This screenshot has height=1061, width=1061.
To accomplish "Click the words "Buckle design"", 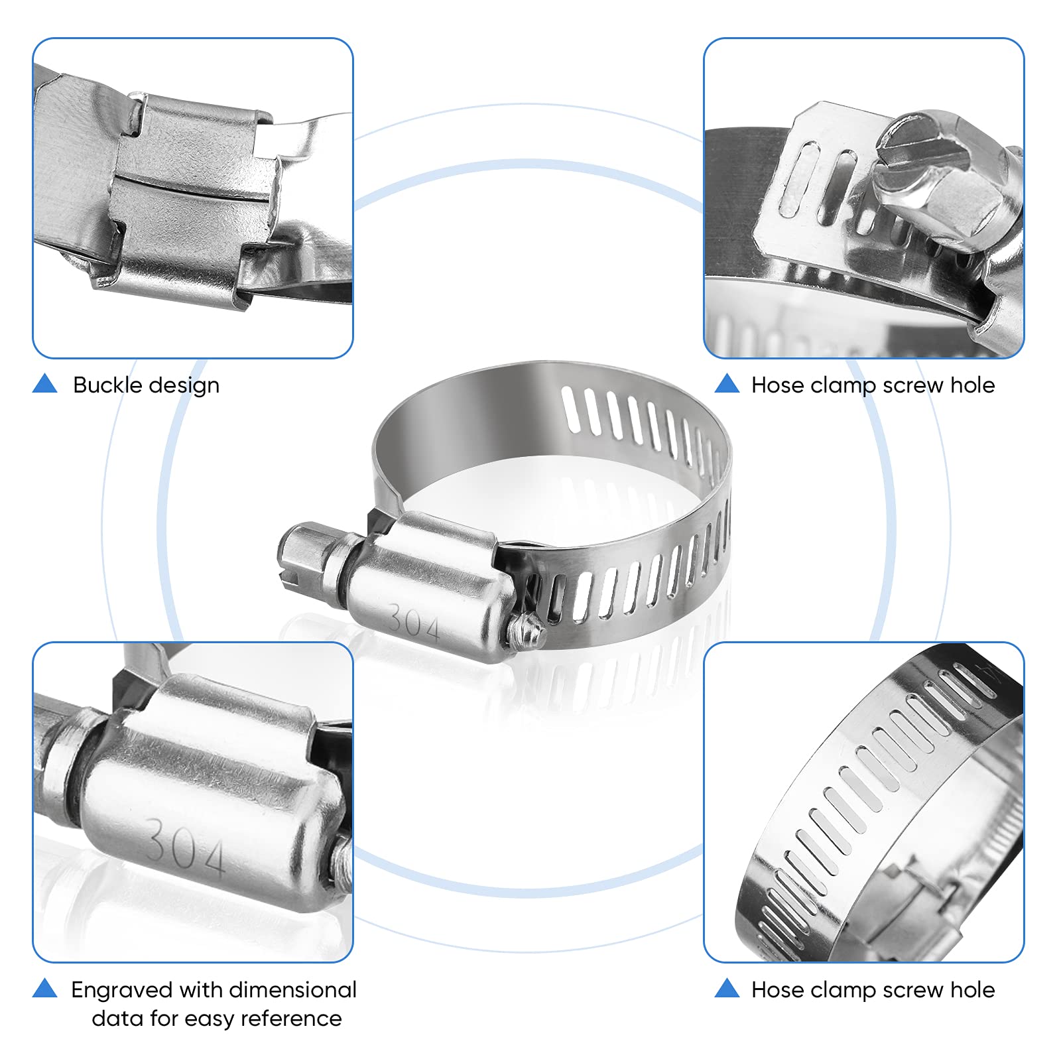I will click(x=146, y=385).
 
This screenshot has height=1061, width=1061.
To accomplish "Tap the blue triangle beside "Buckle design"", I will click(x=45, y=383).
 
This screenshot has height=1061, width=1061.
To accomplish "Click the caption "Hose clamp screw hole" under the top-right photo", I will click(x=873, y=385).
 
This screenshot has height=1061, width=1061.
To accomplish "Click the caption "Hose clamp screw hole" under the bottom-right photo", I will click(x=873, y=990).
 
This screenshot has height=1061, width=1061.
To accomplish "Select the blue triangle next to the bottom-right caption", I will click(x=727, y=988).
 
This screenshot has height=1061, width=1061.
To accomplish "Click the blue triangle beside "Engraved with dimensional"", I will click(x=45, y=988).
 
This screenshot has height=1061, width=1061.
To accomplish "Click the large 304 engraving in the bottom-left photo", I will click(x=186, y=845).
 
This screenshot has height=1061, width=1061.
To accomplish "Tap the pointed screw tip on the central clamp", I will click(x=529, y=630).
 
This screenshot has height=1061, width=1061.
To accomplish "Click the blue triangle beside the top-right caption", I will click(x=727, y=383).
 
